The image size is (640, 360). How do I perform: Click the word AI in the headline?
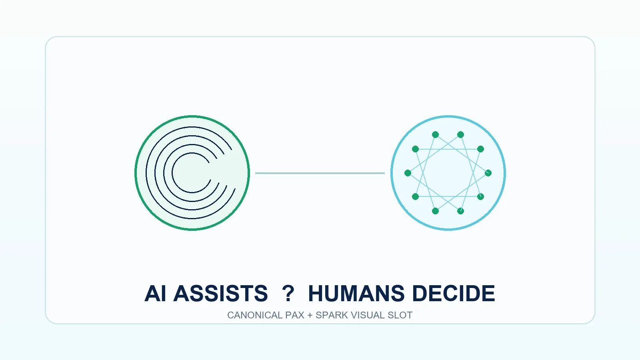155,294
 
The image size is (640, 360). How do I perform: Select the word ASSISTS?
220,294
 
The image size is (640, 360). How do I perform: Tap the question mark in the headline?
288,294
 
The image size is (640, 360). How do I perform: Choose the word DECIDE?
454,294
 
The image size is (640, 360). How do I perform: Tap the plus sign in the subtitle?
310,316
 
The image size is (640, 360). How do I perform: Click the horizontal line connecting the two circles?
320,173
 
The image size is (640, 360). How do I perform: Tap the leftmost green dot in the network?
408,173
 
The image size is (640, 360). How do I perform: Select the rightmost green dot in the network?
488,173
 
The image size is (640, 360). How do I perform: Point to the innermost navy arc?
172,173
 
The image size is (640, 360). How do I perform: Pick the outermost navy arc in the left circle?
146,173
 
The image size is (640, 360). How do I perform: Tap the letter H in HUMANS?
316,294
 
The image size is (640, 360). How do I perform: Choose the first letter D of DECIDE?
420,294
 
